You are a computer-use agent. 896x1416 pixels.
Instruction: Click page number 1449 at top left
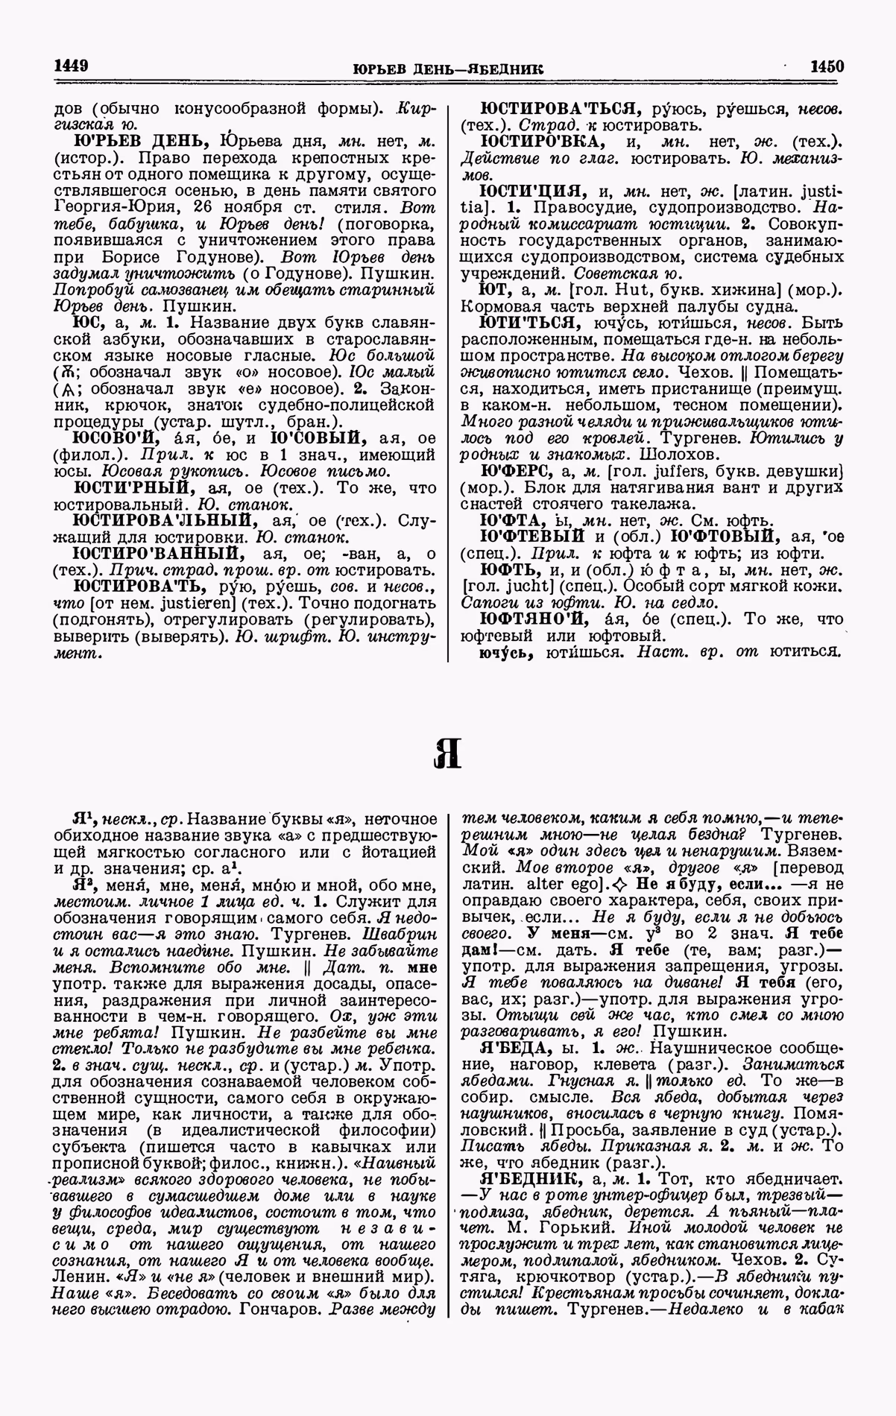pyautogui.click(x=72, y=66)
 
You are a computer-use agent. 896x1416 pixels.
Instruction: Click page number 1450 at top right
pyautogui.click(x=827, y=66)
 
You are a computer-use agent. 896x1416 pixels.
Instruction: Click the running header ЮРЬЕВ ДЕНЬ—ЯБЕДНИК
pyautogui.click(x=447, y=69)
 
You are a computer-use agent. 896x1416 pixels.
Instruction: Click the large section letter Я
pyautogui.click(x=447, y=753)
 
